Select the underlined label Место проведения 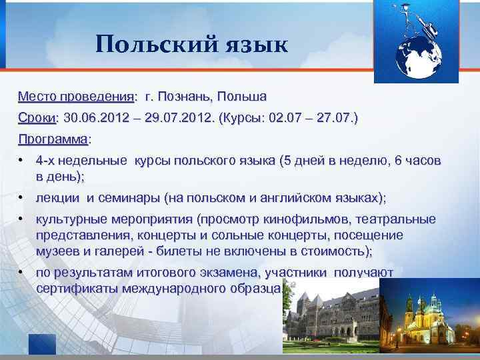(x=76, y=97)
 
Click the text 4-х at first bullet (x=47, y=161)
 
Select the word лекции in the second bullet (x=58, y=198)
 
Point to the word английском (x=301, y=198)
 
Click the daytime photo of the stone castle (x=329, y=321)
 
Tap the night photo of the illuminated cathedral (x=429, y=319)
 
